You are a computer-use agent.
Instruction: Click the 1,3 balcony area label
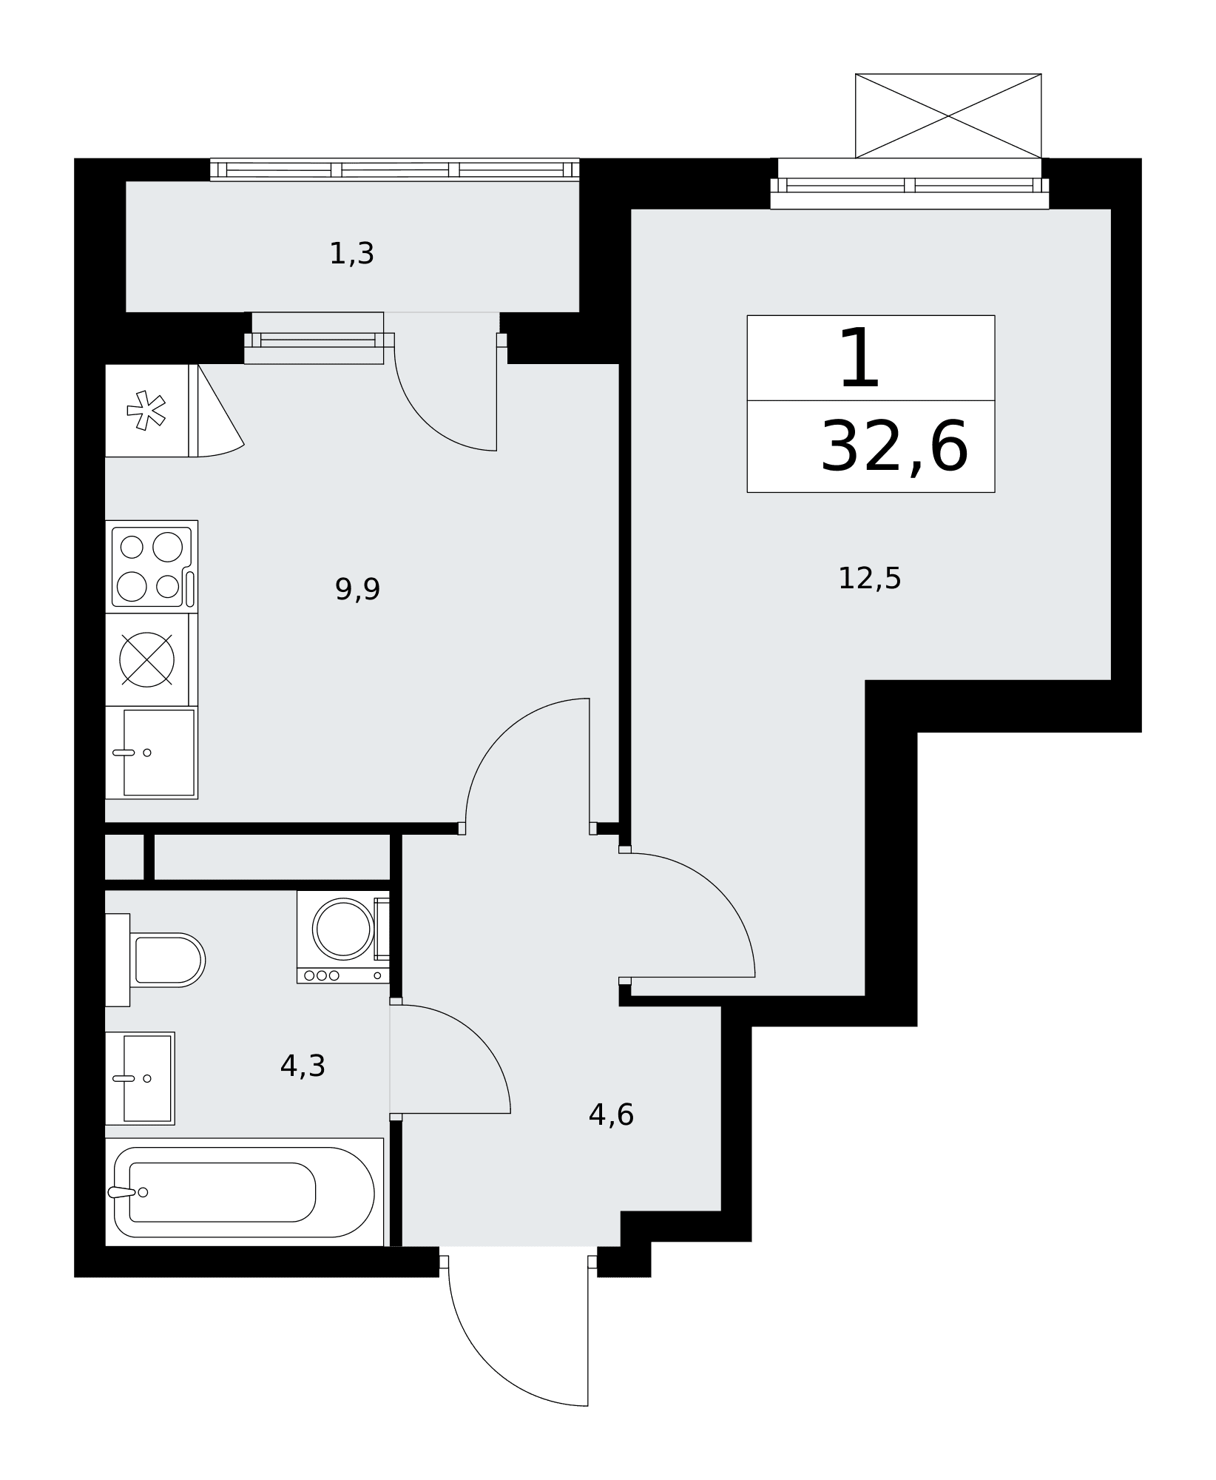point(351,254)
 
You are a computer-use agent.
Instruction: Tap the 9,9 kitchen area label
point(357,590)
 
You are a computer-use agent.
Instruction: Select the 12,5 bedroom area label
point(869,578)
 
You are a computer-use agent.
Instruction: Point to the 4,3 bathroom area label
point(303,1066)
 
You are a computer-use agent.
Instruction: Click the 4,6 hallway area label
point(611,1114)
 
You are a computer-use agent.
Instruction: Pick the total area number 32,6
point(894,447)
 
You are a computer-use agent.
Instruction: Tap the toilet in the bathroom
point(155,960)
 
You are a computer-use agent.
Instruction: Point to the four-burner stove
point(152,567)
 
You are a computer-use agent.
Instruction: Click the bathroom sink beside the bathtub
point(140,1078)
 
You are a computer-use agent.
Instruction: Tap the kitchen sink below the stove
point(152,753)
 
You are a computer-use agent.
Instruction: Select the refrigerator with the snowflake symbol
point(152,411)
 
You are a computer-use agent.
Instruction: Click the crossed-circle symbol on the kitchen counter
point(146,659)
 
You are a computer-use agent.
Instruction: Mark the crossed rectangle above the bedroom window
point(948,116)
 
